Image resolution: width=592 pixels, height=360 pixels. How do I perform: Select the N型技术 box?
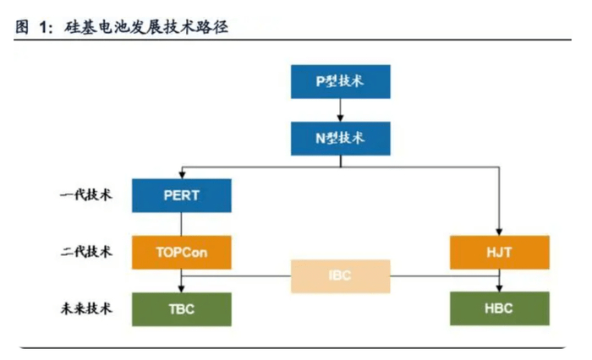coord(340,138)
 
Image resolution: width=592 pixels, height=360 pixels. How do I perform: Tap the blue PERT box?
coord(182,195)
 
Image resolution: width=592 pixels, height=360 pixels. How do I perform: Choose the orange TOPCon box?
coord(182,252)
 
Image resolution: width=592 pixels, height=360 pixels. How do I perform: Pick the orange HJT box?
coord(499,252)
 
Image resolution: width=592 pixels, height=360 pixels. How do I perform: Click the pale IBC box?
coord(341,276)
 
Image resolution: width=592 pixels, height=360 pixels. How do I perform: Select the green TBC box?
coord(182,308)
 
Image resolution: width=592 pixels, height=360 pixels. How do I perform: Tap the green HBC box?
coord(499,308)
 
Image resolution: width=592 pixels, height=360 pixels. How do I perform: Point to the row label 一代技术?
coord(85,195)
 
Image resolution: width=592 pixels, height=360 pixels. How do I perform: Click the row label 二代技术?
coord(85,251)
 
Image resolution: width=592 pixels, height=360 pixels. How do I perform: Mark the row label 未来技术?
coord(85,308)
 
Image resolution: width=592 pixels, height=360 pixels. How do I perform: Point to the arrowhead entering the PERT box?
coord(182,174)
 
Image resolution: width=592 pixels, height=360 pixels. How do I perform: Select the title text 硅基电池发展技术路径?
coord(149,26)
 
